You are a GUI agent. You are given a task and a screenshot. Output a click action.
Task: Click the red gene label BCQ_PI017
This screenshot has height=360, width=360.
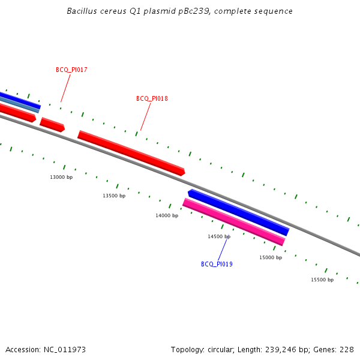(x=71, y=70)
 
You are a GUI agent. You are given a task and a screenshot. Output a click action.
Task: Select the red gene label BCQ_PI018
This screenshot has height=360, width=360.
(x=152, y=98)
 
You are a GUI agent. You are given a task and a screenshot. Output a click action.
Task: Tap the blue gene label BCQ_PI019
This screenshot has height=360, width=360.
(x=217, y=264)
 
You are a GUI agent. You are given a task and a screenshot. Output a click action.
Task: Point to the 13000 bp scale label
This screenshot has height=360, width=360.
(x=61, y=177)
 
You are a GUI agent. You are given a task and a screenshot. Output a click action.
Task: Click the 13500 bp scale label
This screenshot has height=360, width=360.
(x=114, y=196)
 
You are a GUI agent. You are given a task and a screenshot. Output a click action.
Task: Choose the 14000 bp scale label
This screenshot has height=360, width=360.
(x=167, y=215)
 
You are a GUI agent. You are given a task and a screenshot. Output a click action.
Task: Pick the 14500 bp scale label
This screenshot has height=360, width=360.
(x=219, y=236)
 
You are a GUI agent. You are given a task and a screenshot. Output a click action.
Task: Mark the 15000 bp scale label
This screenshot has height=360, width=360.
(x=271, y=257)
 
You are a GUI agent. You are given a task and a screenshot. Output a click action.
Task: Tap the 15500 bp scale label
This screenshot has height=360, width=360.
(x=322, y=280)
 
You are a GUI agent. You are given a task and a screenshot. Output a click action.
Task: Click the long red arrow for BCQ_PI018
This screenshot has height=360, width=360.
(x=131, y=153)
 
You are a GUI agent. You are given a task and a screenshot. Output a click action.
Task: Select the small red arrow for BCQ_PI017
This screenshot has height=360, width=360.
(x=52, y=125)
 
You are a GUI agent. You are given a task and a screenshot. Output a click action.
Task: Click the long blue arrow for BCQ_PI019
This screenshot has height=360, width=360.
(x=238, y=212)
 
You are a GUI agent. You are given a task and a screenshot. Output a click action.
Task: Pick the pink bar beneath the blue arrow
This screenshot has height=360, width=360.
(x=233, y=222)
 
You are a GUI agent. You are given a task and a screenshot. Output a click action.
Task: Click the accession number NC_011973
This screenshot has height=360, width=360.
(x=65, y=349)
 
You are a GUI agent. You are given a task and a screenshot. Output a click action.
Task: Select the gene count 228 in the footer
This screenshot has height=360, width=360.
(x=347, y=349)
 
